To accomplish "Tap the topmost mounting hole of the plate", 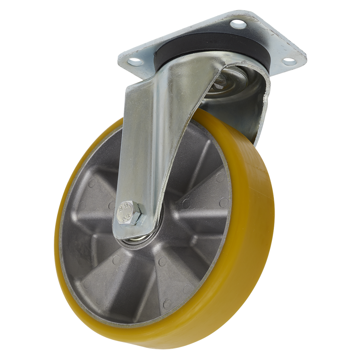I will coord(238,24).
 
